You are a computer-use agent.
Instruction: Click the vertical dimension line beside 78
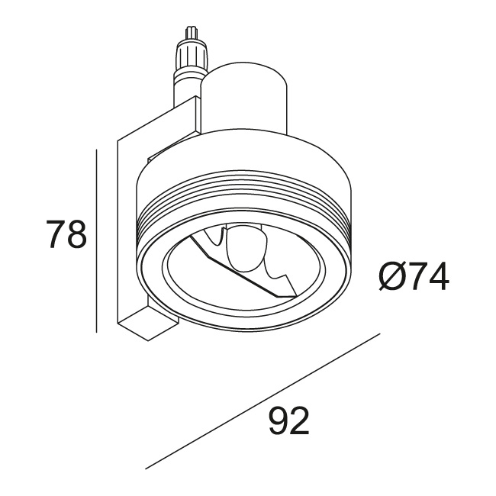(97, 240)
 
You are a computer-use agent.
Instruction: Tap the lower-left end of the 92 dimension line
(146, 467)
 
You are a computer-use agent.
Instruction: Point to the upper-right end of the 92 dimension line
(380, 334)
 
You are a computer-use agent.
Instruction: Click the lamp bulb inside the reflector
(244, 252)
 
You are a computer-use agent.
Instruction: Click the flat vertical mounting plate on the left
(121, 229)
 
